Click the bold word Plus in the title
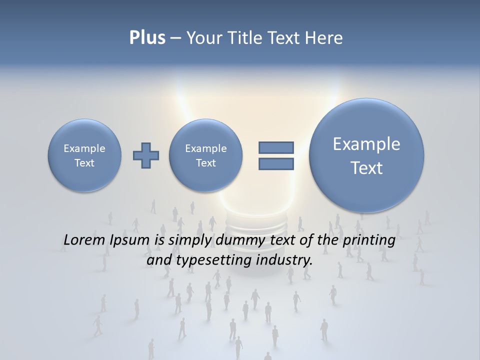pos(147,38)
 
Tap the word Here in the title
pos(323,38)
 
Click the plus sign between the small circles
pos(146,155)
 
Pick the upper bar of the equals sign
pos(276,147)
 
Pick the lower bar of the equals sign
pos(276,163)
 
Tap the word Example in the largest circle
pos(366,144)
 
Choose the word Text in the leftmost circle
pos(84,163)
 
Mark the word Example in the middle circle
pos(205,148)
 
